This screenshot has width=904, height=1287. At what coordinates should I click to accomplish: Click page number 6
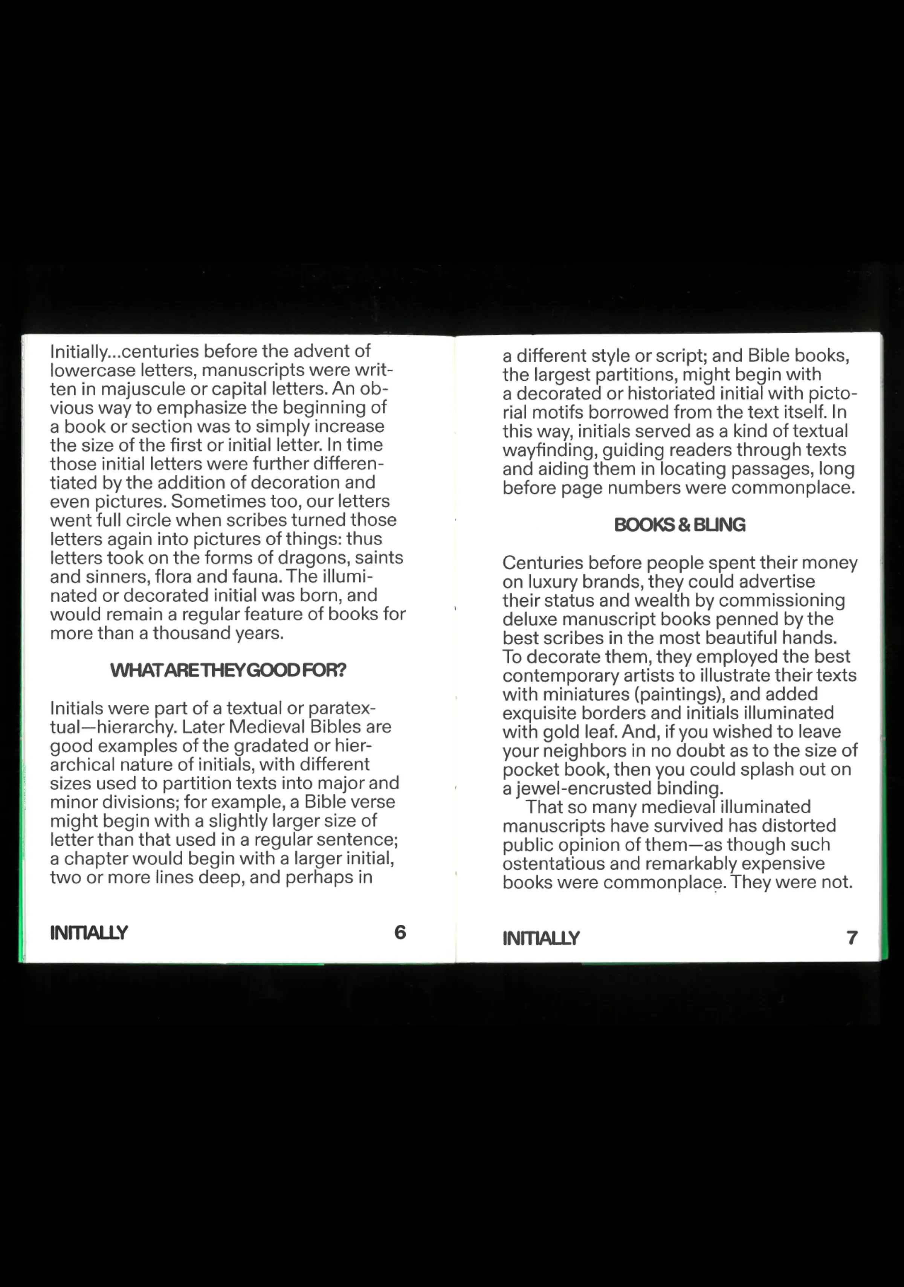(x=400, y=932)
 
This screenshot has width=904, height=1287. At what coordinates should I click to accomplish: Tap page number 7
(x=852, y=938)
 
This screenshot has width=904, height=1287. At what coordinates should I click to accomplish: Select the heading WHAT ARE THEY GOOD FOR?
(x=228, y=670)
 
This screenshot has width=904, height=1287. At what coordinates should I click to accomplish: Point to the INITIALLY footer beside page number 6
(x=89, y=933)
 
